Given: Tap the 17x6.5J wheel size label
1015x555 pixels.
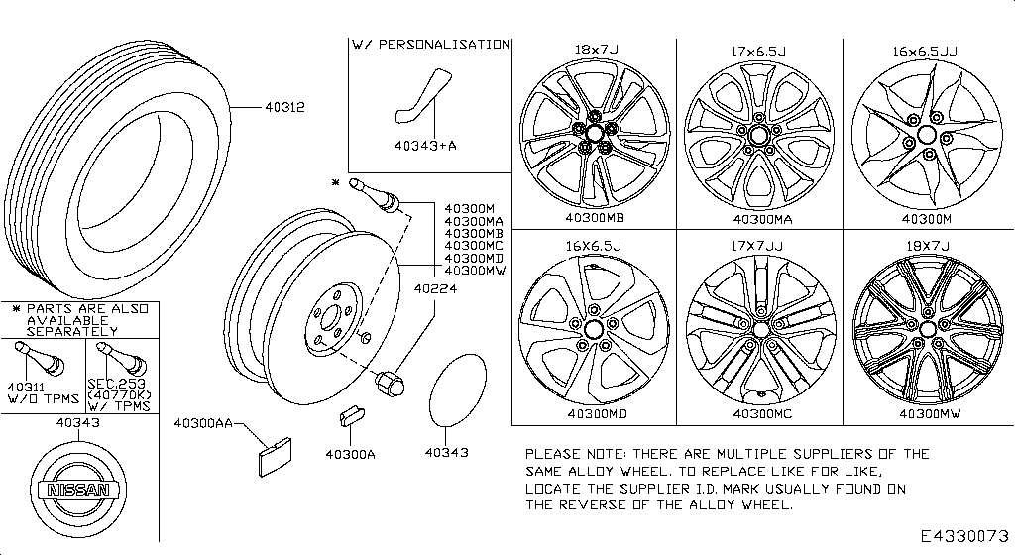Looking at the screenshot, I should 760,50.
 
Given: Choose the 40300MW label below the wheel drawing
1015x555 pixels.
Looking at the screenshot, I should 929,413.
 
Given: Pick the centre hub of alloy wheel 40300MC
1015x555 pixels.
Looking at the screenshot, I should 760,328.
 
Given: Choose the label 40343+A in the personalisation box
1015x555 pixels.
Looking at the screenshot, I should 424,146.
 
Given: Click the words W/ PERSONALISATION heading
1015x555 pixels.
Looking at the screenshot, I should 430,45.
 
